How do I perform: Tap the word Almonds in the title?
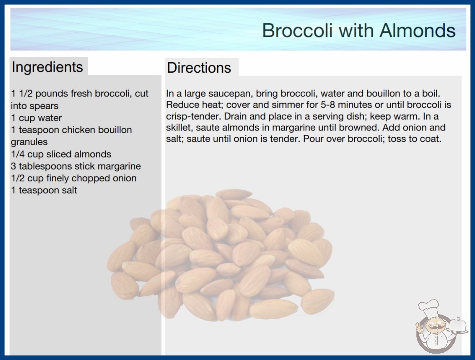[x=417, y=30]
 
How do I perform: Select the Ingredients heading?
[x=47, y=67]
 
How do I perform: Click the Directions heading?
[x=199, y=68]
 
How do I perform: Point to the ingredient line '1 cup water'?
[x=36, y=118]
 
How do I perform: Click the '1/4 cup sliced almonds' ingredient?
[x=61, y=154]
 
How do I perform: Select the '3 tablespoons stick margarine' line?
[x=76, y=166]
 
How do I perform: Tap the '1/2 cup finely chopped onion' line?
[x=74, y=178]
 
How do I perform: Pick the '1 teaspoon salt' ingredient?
[x=44, y=190]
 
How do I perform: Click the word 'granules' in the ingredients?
[x=29, y=142]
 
